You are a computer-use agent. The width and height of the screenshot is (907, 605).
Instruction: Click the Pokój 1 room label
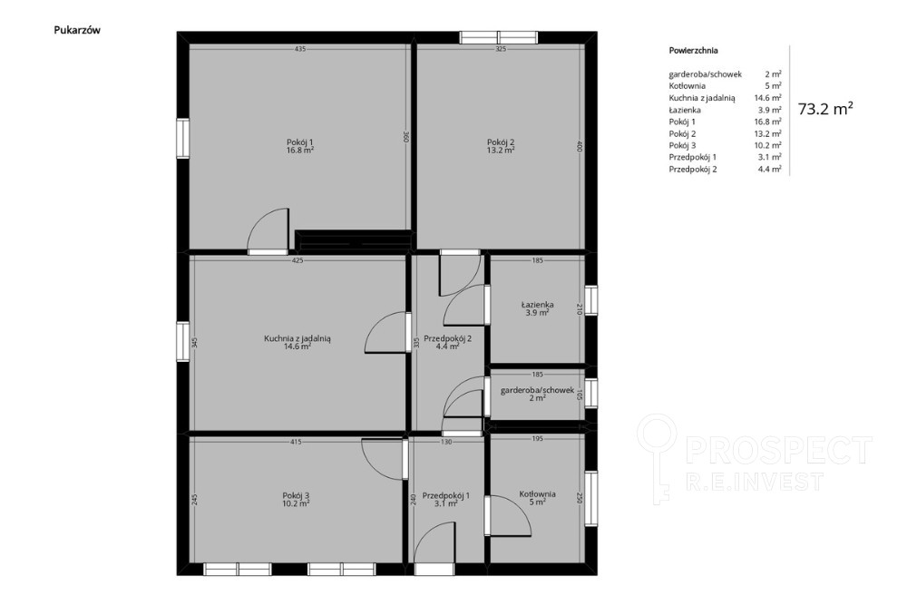pyautogui.click(x=299, y=142)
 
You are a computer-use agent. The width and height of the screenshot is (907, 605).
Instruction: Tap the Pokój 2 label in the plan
pyautogui.click(x=501, y=142)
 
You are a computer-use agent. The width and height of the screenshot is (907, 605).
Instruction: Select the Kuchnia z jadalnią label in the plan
pyautogui.click(x=297, y=339)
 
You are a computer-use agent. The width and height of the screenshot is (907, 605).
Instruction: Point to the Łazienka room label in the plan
pyautogui.click(x=537, y=304)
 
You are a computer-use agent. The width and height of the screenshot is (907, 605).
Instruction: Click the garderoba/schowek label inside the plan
pyautogui.click(x=537, y=390)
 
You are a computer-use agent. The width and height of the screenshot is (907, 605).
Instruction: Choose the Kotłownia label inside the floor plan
pyautogui.click(x=537, y=494)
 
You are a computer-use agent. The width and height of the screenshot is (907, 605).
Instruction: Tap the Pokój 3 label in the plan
pyautogui.click(x=296, y=495)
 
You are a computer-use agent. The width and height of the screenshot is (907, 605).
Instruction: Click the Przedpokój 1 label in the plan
pyautogui.click(x=446, y=495)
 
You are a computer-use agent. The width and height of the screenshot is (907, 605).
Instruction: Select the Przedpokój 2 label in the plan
pyautogui.click(x=448, y=338)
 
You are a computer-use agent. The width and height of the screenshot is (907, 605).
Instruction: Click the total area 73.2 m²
pyautogui.click(x=825, y=110)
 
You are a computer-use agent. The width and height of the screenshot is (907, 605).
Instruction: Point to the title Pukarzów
pyautogui.click(x=77, y=30)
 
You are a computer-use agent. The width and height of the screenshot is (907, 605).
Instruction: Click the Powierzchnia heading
pyautogui.click(x=694, y=50)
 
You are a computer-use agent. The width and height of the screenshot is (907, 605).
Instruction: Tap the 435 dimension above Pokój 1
pyautogui.click(x=299, y=49)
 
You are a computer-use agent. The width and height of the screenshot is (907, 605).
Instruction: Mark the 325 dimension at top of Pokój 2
pyautogui.click(x=501, y=49)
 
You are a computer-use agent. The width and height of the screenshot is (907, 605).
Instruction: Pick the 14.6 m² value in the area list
pyautogui.click(x=767, y=98)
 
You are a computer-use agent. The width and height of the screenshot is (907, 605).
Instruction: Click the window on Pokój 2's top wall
pyautogui.click(x=499, y=37)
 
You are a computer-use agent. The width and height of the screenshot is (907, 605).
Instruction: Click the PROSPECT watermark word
pyautogui.click(x=778, y=449)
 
